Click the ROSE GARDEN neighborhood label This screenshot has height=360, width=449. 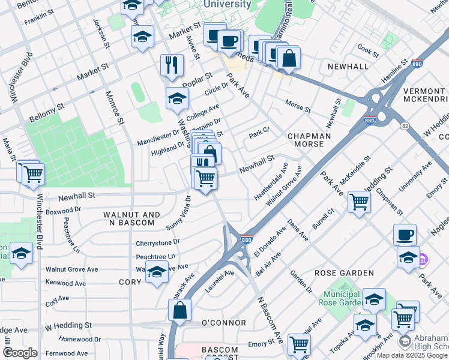pos(345,273)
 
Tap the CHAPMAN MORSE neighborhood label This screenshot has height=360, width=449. pos(309,140)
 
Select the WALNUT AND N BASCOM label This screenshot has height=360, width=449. pos(131,219)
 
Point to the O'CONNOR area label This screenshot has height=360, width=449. pos(223,323)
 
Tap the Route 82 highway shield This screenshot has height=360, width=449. pos(405,125)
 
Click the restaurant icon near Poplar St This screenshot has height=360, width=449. pos(172,65)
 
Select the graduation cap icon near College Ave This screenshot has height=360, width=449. pos(177,100)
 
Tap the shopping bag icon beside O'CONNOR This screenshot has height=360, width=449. pos(180,311)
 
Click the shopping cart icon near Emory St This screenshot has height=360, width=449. pos(299,344)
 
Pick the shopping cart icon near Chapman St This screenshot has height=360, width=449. pos(359,202)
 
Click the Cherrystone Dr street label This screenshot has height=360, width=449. pos(158,241)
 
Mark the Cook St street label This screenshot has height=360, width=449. pos(367,50)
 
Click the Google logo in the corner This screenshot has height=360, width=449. pos(20,353)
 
